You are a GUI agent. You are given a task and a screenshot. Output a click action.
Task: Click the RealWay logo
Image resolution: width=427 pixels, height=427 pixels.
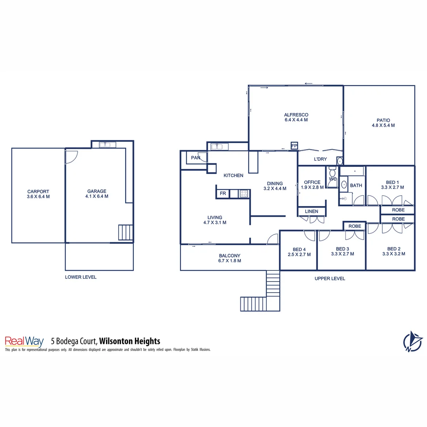[x=24, y=341]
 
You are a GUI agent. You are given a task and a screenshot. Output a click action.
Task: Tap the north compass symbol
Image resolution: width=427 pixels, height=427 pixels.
[x=413, y=341]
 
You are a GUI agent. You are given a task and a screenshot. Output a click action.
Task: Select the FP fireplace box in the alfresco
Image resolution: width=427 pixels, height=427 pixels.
[x=294, y=146]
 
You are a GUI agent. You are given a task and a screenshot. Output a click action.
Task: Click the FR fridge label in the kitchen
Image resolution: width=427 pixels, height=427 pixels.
[x=223, y=194]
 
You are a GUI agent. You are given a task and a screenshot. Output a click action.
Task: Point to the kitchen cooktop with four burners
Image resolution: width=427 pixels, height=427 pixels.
[x=244, y=194]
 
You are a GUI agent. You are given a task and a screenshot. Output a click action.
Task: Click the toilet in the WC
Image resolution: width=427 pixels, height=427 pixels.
[x=332, y=173]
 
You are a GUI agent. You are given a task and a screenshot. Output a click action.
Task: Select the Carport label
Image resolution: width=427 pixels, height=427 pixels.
[x=38, y=191]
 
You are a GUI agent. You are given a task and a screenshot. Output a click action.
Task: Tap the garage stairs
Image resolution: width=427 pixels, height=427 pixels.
[x=126, y=232]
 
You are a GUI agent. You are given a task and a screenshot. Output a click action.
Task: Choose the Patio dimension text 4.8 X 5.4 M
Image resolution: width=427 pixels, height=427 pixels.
[x=383, y=125]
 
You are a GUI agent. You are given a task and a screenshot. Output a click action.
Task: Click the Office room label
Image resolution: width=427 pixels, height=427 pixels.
[x=312, y=182]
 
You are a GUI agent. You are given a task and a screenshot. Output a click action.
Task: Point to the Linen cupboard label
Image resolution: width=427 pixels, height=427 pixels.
[x=312, y=212]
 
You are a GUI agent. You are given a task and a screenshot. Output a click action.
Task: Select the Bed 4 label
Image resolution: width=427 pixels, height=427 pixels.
[x=299, y=249]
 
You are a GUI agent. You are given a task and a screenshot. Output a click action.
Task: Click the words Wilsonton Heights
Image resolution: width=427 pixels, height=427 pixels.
[x=129, y=341]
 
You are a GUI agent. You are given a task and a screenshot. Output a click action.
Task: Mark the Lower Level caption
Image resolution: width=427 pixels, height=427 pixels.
[x=81, y=277]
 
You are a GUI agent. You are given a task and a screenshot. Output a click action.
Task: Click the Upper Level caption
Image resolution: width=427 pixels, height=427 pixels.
[x=330, y=278]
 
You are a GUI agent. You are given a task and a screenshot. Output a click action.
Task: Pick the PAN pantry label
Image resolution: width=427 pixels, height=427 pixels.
[x=195, y=158]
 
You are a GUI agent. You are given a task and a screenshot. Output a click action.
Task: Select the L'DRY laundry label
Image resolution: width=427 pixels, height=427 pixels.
[x=320, y=159]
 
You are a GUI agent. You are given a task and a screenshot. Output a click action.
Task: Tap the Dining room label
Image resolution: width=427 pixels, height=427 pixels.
[x=275, y=183]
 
